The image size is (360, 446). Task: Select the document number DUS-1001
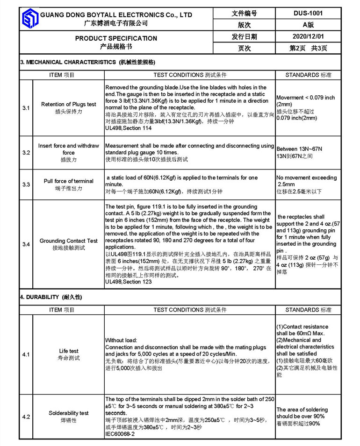pos(308,14)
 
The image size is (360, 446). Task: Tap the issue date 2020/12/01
pos(308,36)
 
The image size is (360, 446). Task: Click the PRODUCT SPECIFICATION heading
pos(116,38)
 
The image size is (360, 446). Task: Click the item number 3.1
pos(26,108)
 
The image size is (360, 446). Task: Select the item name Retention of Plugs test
pos(69,104)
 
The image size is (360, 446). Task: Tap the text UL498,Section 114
pos(129,127)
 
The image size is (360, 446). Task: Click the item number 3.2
pos(26,153)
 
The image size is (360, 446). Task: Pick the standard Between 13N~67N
pos(299,149)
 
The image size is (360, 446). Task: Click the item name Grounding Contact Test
pos(69,241)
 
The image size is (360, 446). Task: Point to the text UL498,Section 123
pos(129,282)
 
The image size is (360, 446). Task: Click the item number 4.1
pos(26,354)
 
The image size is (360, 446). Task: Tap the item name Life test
pos(69,351)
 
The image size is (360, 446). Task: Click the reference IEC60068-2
pos(120,434)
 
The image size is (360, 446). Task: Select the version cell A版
pos(308,25)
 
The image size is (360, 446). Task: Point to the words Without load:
pos(121,340)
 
